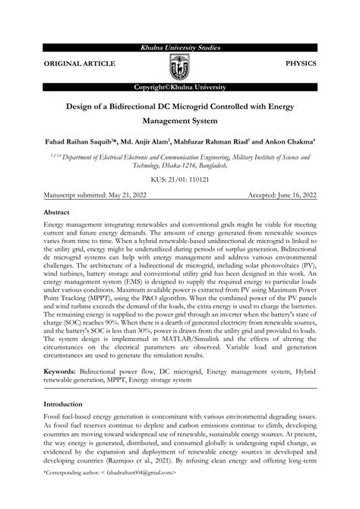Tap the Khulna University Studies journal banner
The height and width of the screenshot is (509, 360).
click(x=179, y=48)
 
